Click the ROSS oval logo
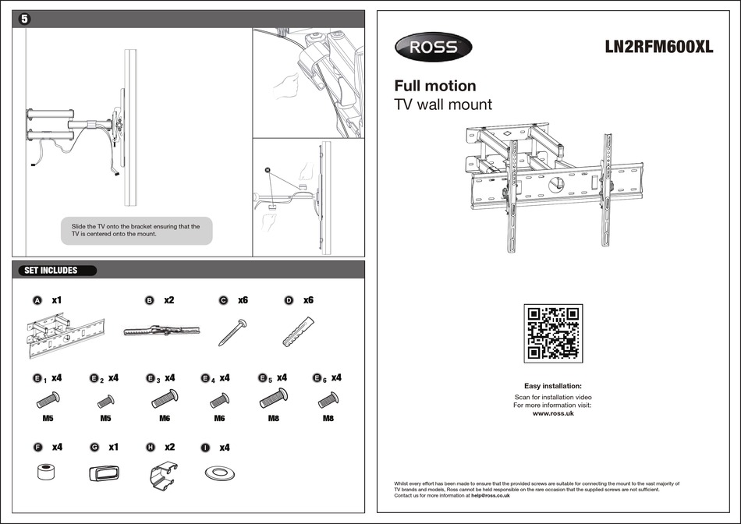(433, 47)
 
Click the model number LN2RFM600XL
(659, 47)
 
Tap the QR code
(552, 333)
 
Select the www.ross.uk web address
(552, 414)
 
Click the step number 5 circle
(24, 19)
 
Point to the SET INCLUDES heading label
(51, 271)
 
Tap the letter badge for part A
(37, 300)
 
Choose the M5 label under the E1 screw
(48, 419)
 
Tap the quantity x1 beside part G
(113, 448)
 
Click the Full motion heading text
(434, 86)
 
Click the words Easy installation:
(552, 386)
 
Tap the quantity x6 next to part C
(243, 300)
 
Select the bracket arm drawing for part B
(162, 331)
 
